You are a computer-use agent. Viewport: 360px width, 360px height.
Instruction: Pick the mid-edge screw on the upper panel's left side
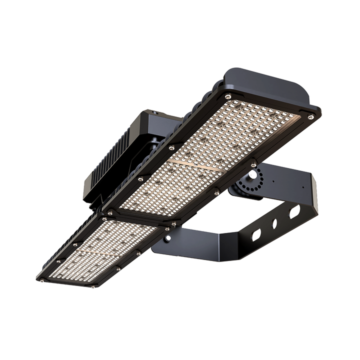click(171, 147)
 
